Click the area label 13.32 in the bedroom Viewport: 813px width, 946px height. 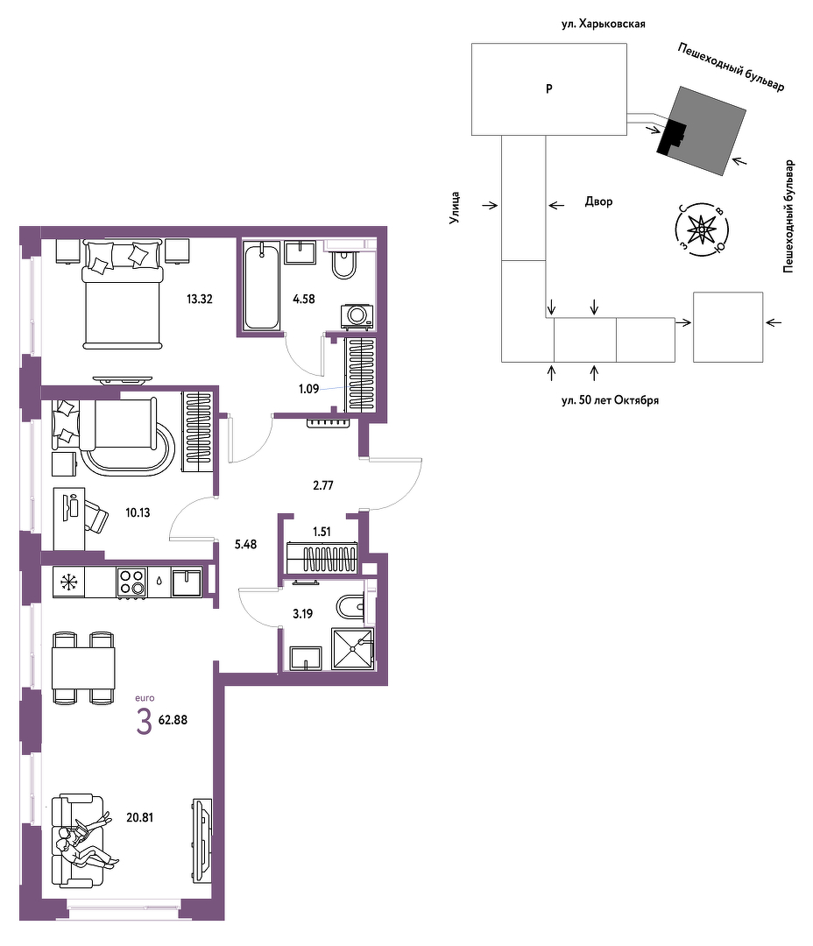[199, 299]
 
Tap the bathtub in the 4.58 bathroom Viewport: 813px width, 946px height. [262, 286]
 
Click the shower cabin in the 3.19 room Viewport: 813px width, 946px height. [352, 648]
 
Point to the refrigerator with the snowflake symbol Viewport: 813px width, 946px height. [69, 582]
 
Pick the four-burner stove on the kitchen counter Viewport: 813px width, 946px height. [131, 582]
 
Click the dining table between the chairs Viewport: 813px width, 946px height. [83, 667]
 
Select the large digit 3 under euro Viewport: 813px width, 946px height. [144, 722]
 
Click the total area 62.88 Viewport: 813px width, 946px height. [173, 720]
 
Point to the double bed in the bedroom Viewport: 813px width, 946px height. [124, 293]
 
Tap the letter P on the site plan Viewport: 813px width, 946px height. [549, 88]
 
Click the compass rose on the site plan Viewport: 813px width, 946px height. [702, 229]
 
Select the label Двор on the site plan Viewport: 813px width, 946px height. [598, 201]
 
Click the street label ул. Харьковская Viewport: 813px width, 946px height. [603, 25]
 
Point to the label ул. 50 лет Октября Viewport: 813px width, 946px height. [610, 400]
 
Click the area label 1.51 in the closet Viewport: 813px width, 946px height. [322, 532]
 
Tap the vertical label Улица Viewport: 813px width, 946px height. [455, 208]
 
